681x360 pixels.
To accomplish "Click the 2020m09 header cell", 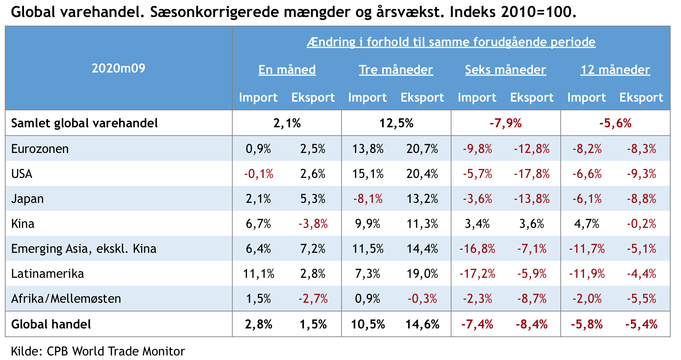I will [118, 68].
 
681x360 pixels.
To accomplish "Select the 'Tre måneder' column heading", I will [396, 70].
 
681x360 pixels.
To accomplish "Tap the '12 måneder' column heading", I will [615, 70].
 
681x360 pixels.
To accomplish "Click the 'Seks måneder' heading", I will [505, 70].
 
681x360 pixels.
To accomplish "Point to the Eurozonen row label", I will [40, 149].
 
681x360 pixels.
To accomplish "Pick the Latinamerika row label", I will [48, 274].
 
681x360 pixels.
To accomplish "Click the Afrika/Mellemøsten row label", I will [66, 299].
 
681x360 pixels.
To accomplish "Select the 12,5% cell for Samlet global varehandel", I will [396, 123].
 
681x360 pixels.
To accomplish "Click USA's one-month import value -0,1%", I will [258, 174].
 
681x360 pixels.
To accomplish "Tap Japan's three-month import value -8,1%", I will [368, 199].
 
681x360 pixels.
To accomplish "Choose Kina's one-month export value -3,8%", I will [313, 224].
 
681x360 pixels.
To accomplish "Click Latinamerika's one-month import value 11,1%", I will [258, 274].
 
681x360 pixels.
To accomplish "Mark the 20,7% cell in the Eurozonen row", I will [422, 149].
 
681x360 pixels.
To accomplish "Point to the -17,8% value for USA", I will [532, 174].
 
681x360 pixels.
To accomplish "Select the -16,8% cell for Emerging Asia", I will [477, 249].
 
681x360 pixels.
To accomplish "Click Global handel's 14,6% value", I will [422, 324].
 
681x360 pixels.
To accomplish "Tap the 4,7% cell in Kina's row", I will [586, 224].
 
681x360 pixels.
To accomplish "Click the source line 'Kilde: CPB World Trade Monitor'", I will [98, 351].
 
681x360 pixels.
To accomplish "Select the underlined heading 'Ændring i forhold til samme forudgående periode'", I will [451, 42].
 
